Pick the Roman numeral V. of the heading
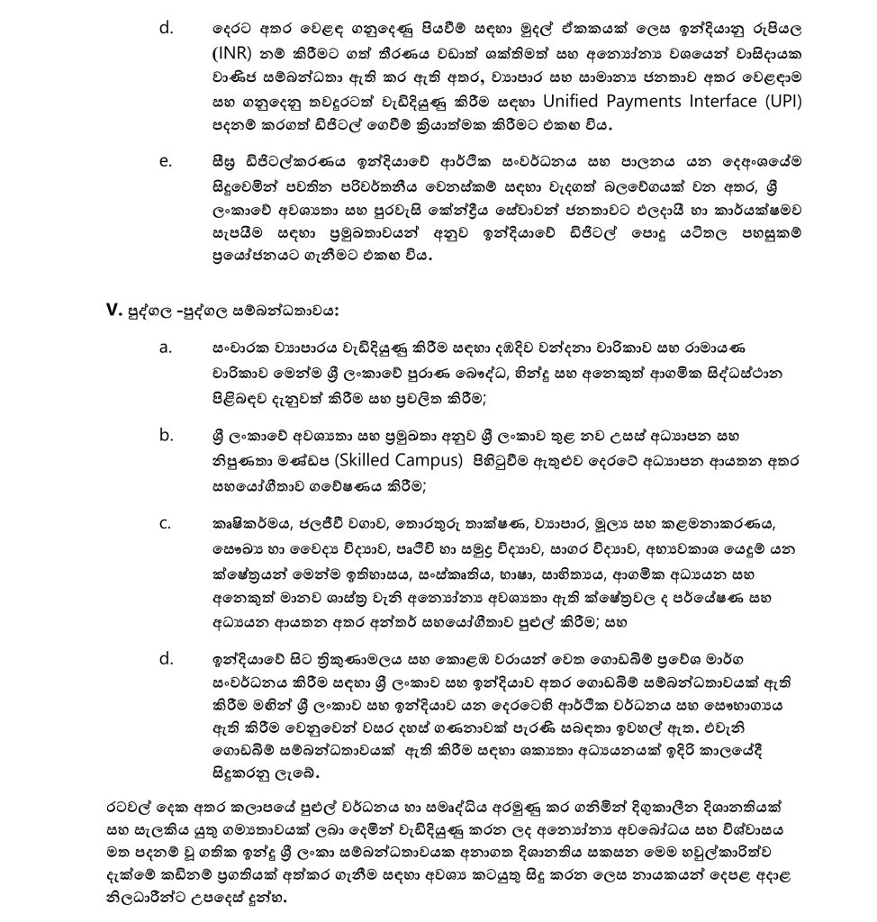(113, 311)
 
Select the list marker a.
(165, 348)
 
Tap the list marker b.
(166, 435)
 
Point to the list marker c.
(165, 523)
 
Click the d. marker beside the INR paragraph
(166, 28)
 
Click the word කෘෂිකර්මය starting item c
(240, 523)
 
